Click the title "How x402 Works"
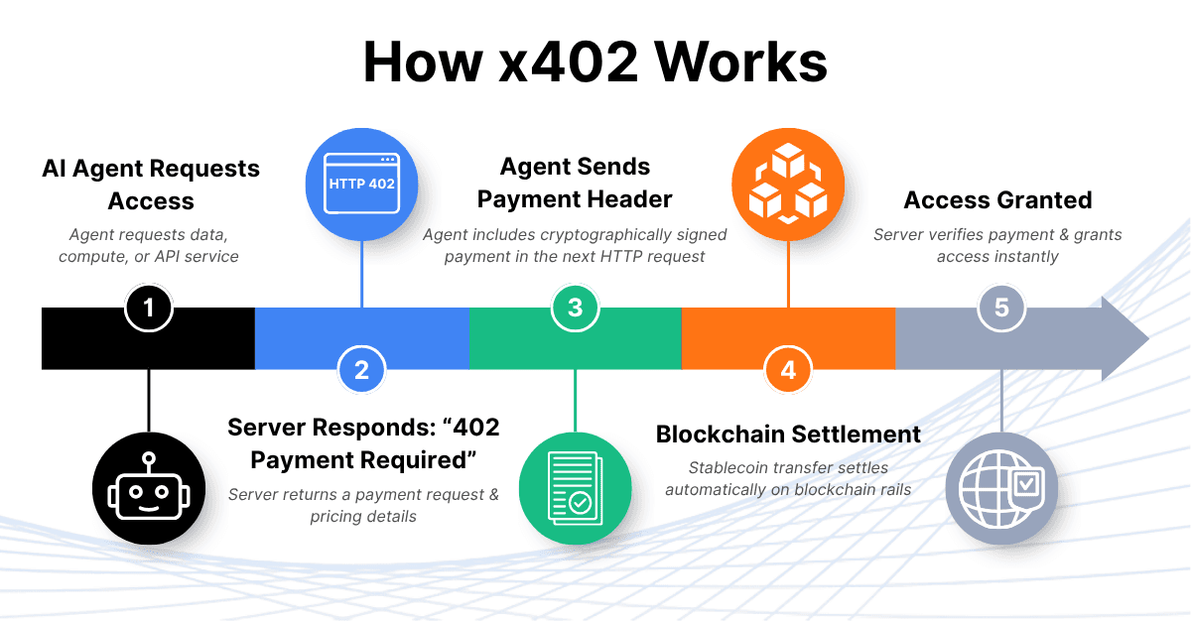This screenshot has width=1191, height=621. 595,62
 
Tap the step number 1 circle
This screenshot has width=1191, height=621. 149,308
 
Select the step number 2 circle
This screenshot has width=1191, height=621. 361,370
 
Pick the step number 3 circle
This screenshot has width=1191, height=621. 575,308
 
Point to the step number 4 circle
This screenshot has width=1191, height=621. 788,370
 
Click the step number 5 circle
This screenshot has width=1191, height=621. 1001,308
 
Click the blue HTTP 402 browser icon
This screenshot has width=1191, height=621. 361,184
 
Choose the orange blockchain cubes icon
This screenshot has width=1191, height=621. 788,184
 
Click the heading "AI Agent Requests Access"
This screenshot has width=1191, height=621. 151,185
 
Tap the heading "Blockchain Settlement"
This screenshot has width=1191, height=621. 788,435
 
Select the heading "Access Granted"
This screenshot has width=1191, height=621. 997,200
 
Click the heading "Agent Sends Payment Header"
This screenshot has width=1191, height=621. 575,183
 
